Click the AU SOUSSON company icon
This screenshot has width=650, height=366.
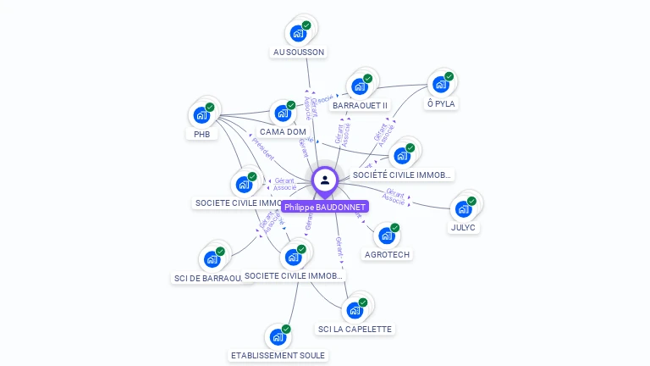click(x=298, y=33)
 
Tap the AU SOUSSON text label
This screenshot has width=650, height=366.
click(x=298, y=52)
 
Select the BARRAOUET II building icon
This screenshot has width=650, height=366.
click(x=360, y=86)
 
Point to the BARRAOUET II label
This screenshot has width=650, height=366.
click(x=360, y=106)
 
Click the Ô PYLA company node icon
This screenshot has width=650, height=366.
click(x=440, y=84)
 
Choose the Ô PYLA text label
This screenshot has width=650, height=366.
click(x=441, y=103)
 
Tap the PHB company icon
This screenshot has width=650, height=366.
click(x=201, y=114)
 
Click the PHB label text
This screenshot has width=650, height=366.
click(x=201, y=134)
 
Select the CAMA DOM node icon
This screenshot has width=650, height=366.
click(x=282, y=112)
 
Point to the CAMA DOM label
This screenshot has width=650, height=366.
click(x=283, y=131)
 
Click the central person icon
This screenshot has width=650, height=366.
click(x=325, y=180)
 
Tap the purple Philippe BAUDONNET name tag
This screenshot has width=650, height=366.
click(x=325, y=207)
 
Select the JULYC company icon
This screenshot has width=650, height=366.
click(x=463, y=208)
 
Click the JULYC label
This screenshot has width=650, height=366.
click(x=463, y=227)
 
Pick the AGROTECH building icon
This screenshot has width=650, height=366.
click(x=386, y=236)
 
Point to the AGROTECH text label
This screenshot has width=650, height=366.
click(x=386, y=254)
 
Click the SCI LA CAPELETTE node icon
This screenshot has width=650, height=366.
click(x=355, y=310)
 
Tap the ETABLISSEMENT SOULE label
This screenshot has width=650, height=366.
click(x=278, y=355)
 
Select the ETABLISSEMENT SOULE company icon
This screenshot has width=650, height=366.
click(x=278, y=336)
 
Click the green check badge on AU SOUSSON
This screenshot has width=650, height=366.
click(x=306, y=25)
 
